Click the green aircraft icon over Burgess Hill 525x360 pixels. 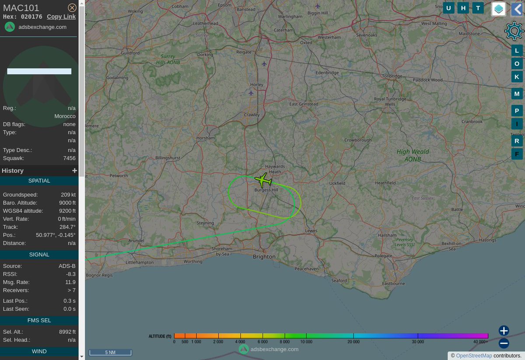click(263, 179)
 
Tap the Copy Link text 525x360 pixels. click(61, 17)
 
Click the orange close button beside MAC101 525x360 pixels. click(72, 7)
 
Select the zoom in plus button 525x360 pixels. click(504, 331)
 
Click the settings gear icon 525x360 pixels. click(514, 31)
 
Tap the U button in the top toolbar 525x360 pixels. click(448, 8)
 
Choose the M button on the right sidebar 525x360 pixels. click(517, 94)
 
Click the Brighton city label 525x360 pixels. click(264, 257)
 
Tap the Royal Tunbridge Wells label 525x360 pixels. click(385, 101)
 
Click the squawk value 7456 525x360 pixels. click(69, 158)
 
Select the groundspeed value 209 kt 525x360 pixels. click(68, 195)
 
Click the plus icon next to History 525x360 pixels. click(74, 171)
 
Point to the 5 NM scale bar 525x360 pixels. click(110, 352)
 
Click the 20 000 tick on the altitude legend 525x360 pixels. click(353, 341)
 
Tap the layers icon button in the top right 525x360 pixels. click(498, 9)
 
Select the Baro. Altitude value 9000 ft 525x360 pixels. click(67, 203)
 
